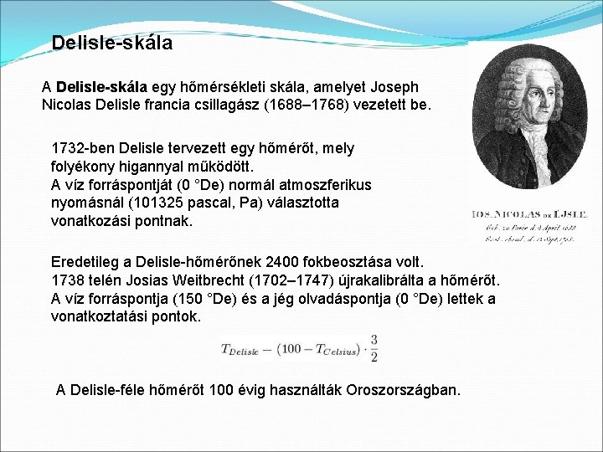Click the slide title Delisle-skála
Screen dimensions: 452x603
tap(111, 43)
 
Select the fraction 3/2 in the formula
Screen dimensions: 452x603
tap(374, 348)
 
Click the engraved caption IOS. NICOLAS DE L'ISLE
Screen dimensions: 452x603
tap(534, 215)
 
